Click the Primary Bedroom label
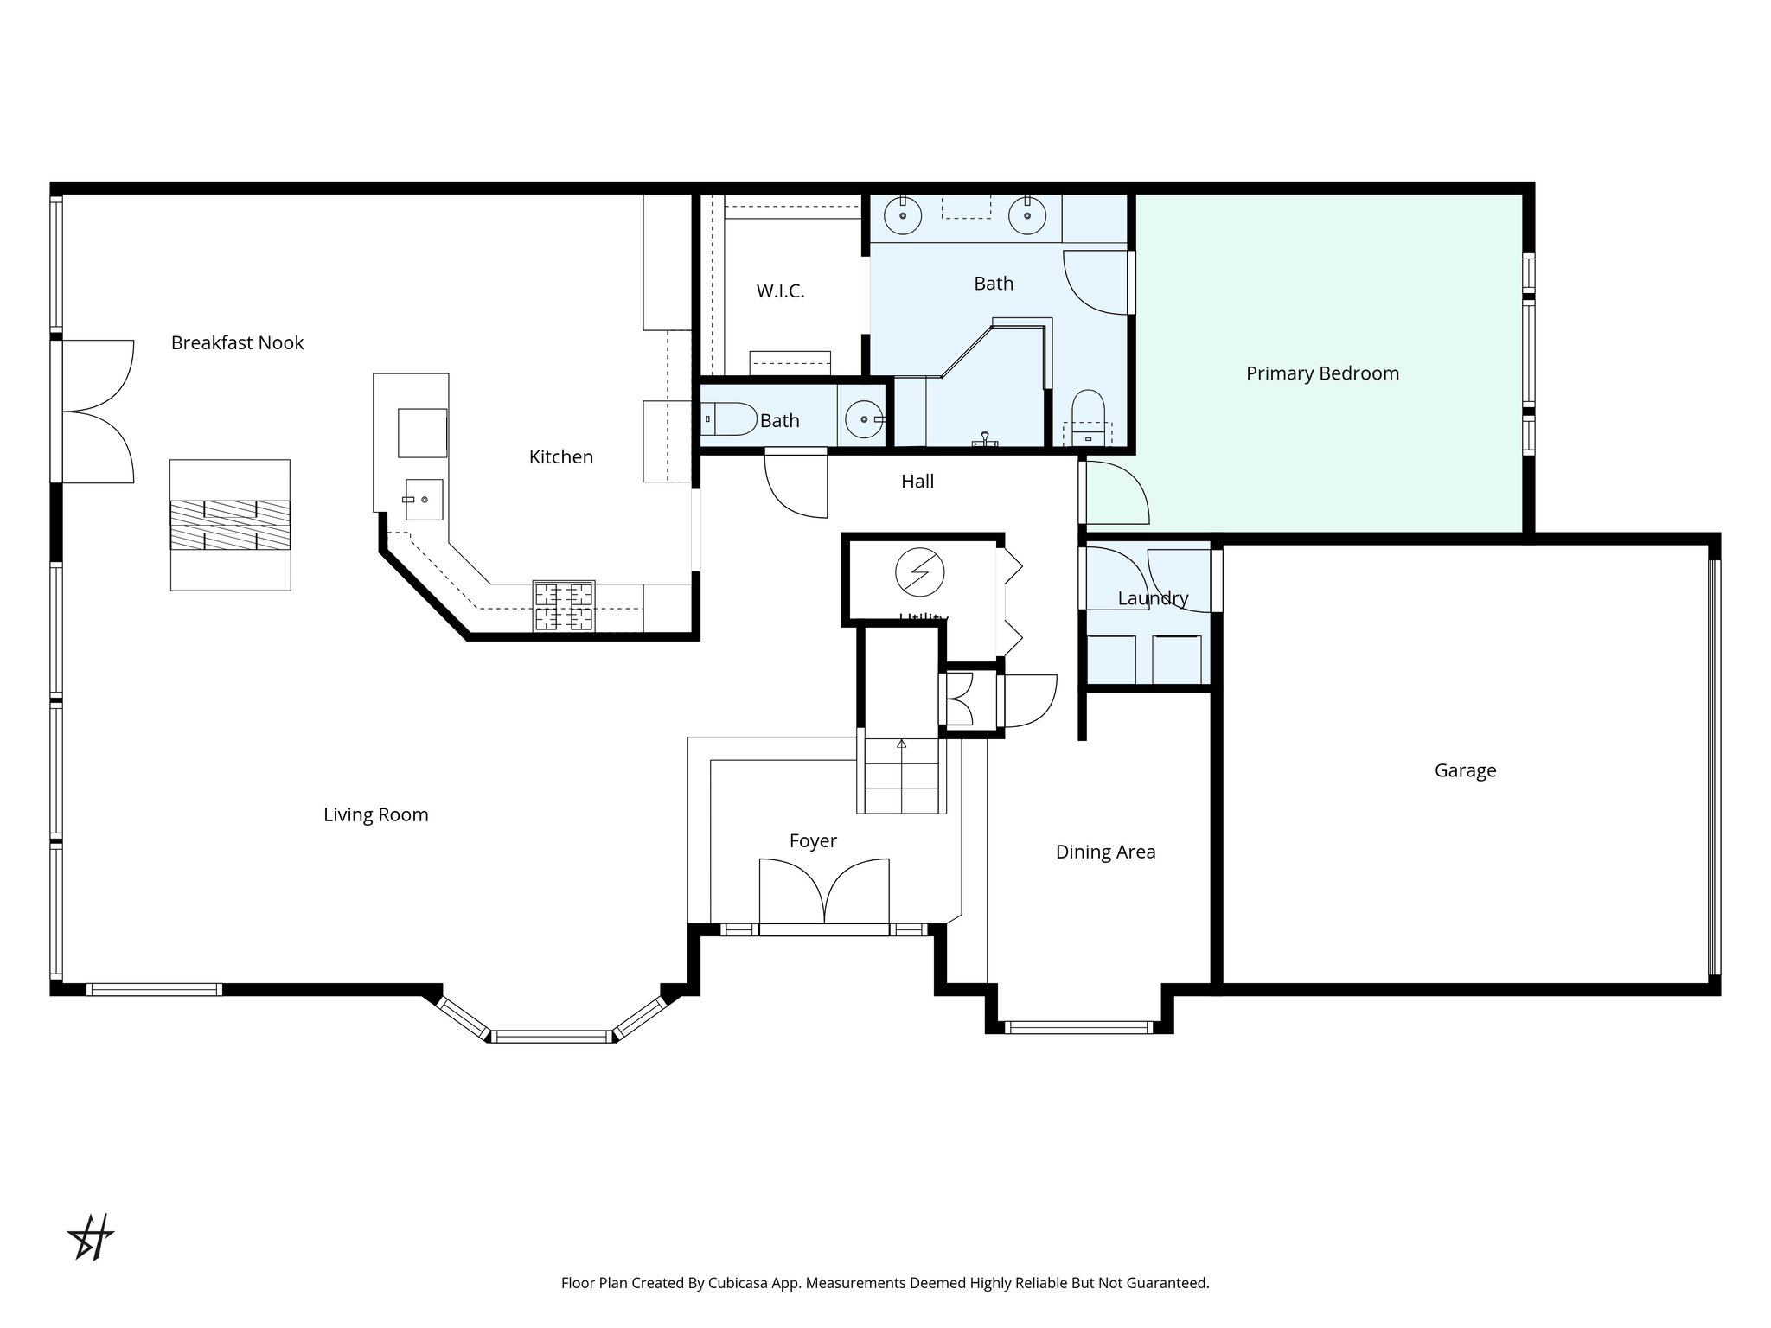point(1322,373)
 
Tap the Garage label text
point(1465,770)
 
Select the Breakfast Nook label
point(237,343)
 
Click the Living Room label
point(375,814)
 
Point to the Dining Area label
point(1105,852)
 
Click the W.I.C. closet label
point(780,291)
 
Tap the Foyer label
point(813,840)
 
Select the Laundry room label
point(1153,598)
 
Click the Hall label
point(917,482)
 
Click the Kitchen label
point(560,457)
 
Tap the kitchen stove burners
point(564,605)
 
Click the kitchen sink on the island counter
point(424,500)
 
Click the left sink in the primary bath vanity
point(903,215)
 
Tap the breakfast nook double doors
point(98,412)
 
